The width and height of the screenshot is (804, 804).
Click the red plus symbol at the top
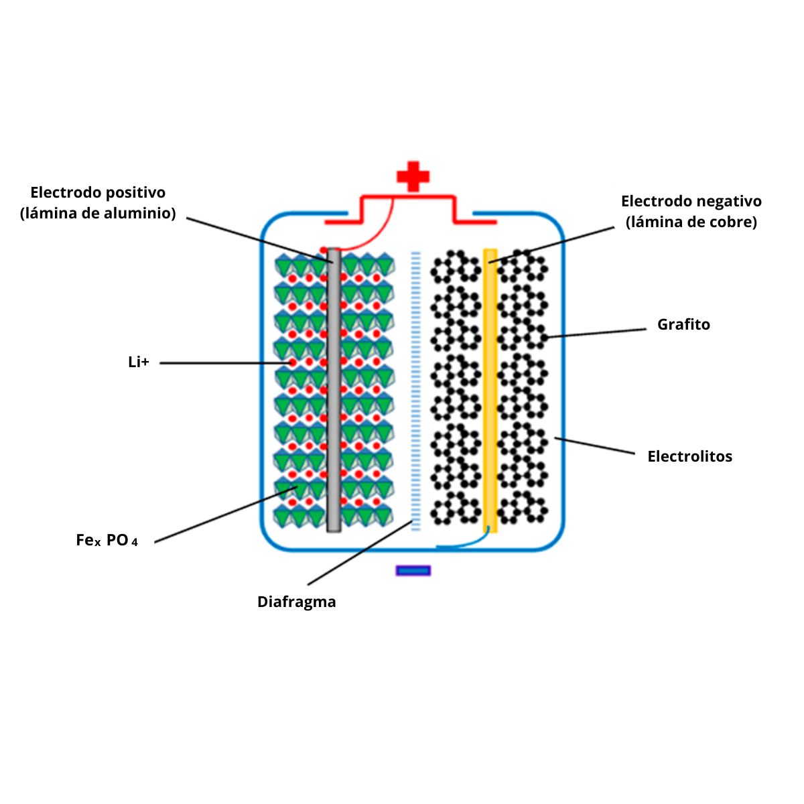413,176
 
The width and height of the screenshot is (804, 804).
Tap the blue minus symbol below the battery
413,571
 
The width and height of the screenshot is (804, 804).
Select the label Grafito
683,324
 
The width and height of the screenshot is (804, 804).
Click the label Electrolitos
689,456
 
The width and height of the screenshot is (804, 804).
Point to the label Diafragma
296,602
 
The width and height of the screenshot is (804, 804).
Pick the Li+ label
139,362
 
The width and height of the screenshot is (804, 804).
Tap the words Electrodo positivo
98,193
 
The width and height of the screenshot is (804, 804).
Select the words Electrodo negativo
691,201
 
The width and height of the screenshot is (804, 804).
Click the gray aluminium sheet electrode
334,402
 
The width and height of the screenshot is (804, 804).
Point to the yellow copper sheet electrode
490,402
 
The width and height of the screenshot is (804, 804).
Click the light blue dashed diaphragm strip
416,389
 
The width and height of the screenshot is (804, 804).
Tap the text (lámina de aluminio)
98,213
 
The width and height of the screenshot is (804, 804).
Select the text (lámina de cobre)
691,222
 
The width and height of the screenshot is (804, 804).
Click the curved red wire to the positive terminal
375,234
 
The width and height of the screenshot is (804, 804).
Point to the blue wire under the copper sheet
469,543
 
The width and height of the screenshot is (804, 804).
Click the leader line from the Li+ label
221,363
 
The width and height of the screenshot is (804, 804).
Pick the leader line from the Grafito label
596,332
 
